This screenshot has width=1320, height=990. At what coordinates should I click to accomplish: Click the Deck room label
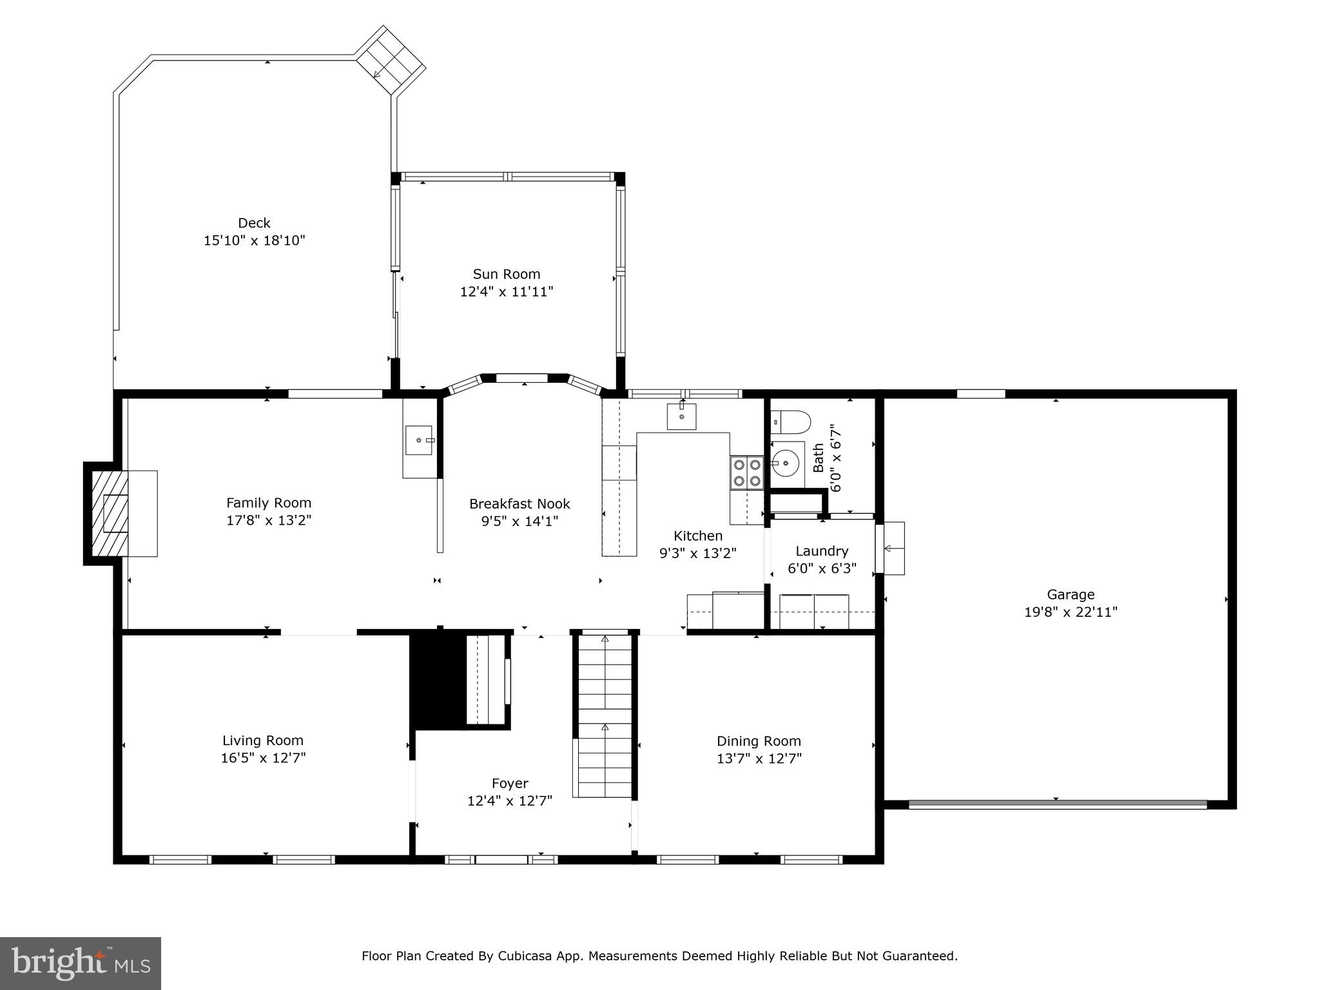pos(254,223)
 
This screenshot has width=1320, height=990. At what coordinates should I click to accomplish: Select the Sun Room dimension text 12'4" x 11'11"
pos(506,292)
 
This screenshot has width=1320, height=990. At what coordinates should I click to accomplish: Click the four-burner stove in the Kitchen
pos(746,472)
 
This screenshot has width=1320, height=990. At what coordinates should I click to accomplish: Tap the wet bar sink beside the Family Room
pos(420,440)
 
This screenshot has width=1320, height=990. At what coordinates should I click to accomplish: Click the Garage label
pos(1070,595)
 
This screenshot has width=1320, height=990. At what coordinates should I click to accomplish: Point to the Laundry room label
pos(821,551)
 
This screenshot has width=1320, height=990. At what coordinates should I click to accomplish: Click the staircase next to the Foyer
pos(604,715)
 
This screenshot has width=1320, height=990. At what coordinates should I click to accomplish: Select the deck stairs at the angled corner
pos(391,61)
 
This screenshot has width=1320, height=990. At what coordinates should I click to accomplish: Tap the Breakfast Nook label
pos(519,504)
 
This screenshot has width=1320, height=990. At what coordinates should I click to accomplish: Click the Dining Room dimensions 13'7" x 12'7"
pos(759,759)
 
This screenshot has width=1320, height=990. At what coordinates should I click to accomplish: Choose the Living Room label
pos(262,741)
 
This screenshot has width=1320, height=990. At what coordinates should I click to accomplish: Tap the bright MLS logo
pos(81,964)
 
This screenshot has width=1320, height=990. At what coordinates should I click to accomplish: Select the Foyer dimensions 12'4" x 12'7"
pos(509,801)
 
